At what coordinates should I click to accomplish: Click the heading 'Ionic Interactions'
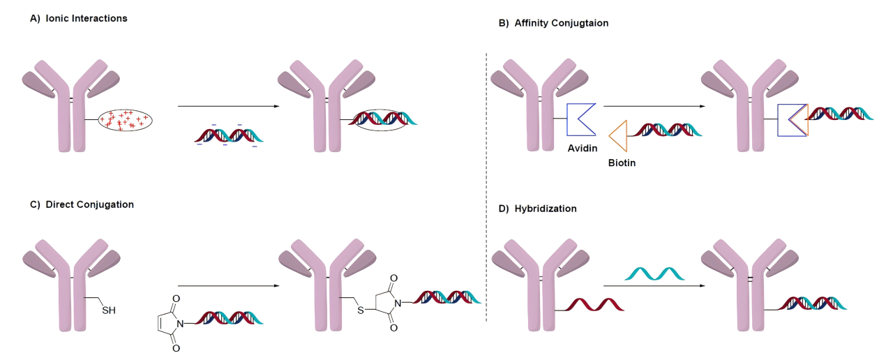(86, 18)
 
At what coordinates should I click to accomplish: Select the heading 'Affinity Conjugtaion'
(562, 23)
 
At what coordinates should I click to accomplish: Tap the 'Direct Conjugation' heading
(90, 204)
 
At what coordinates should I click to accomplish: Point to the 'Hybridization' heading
(546, 209)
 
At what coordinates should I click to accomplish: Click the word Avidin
(583, 149)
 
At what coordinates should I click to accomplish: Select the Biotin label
(622, 163)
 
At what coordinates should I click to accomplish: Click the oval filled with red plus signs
(125, 120)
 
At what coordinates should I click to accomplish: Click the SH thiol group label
(109, 310)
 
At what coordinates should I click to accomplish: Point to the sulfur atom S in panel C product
(361, 310)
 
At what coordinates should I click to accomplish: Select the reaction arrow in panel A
(228, 107)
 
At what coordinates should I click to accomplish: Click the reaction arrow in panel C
(228, 286)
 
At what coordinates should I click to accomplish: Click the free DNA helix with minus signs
(228, 135)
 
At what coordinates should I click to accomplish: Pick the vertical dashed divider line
(486, 188)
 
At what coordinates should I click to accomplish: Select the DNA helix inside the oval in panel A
(383, 119)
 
